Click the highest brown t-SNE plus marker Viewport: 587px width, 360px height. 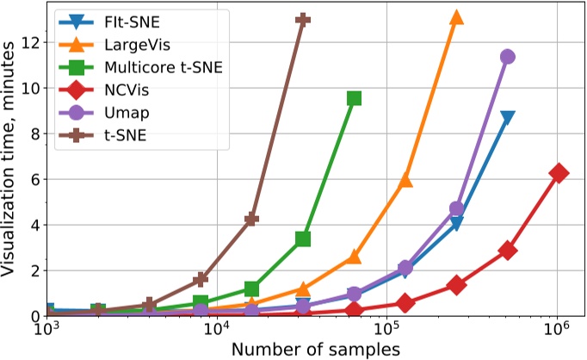[302, 19]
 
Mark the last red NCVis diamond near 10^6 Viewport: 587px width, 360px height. [559, 173]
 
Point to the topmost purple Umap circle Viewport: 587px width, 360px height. [508, 57]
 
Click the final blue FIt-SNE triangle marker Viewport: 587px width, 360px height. [508, 117]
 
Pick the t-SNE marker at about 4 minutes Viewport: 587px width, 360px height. [251, 220]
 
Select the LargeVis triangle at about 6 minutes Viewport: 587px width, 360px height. [405, 181]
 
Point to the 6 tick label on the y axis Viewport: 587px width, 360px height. [32, 179]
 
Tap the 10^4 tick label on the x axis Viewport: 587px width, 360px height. [216, 331]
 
